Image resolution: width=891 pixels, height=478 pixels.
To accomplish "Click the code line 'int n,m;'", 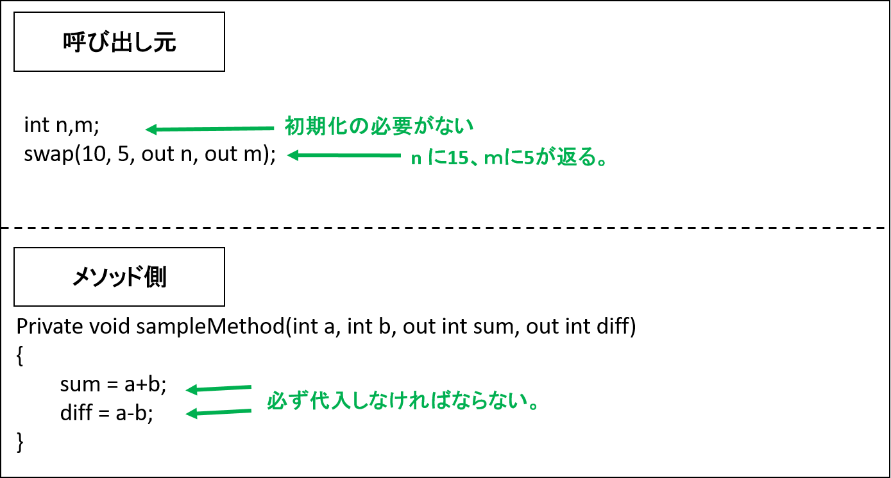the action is coord(62,126).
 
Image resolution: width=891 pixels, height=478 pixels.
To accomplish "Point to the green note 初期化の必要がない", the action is coord(378,126).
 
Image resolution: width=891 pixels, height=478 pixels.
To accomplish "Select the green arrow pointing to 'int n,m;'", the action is coord(210,129).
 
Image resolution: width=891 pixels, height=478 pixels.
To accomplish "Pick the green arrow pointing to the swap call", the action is coord(344,155).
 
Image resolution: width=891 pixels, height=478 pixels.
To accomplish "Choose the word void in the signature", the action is coord(110,327).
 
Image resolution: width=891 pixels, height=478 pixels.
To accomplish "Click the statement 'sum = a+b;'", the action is coord(114,384).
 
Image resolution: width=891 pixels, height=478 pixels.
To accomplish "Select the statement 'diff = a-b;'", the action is coord(106,413).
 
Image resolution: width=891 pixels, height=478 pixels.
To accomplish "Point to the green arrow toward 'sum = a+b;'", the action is coord(218,388).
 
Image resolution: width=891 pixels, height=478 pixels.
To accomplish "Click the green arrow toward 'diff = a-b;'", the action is coord(218,413).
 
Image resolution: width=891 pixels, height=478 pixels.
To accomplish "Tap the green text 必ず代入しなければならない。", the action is coord(403,401).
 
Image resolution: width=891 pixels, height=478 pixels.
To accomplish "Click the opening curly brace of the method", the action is coord(20,356).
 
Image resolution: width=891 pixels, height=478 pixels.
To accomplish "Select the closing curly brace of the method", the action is coord(20,442).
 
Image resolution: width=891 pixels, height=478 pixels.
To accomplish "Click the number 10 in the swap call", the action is coord(93,155).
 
